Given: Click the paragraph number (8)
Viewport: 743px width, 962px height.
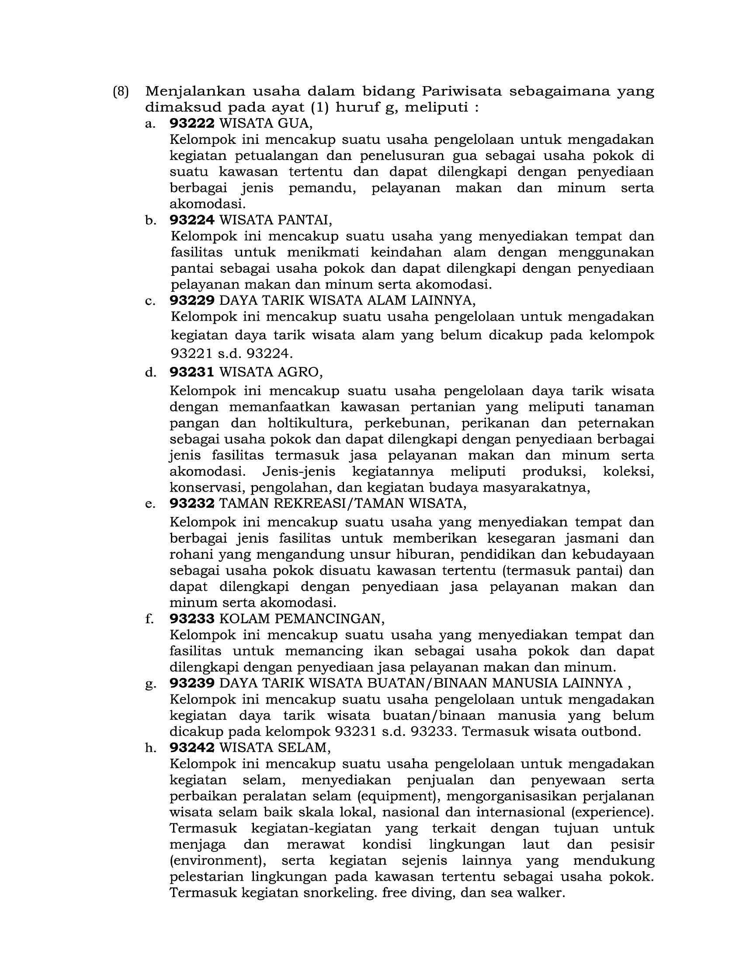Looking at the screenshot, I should [121, 92].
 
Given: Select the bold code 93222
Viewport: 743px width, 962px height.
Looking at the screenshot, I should [192, 123].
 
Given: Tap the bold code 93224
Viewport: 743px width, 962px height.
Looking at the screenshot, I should [192, 220].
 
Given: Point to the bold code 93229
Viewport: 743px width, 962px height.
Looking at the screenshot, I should [192, 300].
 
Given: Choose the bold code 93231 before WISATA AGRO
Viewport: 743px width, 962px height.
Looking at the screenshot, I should [191, 372].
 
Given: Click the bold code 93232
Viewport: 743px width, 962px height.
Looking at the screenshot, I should [192, 503].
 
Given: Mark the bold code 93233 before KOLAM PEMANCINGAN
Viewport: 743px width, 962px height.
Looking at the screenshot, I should [192, 619].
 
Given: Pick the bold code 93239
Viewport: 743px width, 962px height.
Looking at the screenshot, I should [192, 683].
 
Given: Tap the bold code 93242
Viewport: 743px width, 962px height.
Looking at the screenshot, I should [192, 747].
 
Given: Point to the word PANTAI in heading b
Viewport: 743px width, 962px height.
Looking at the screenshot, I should [308, 220].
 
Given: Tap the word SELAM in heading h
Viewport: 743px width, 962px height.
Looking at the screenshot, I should [309, 747].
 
